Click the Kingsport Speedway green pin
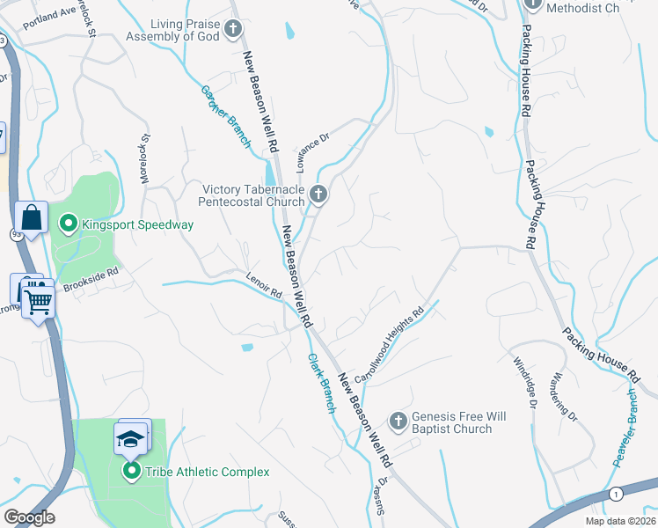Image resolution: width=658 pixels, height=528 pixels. (x=68, y=225)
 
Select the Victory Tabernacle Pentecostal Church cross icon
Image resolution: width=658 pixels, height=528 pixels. (x=318, y=194)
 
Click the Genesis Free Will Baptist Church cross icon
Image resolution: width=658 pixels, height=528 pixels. (x=398, y=422)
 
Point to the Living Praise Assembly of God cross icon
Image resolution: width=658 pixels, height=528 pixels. (x=233, y=30)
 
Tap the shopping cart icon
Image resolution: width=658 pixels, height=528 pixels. (x=39, y=300)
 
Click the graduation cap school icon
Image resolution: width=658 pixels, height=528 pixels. (x=129, y=437)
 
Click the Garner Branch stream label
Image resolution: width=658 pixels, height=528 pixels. (x=226, y=118)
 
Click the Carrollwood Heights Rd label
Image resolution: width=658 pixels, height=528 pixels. (x=390, y=345)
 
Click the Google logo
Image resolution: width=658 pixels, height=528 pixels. (x=29, y=517)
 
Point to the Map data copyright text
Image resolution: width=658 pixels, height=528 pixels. (x=620, y=521)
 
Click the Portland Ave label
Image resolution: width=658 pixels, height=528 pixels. (x=51, y=16)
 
